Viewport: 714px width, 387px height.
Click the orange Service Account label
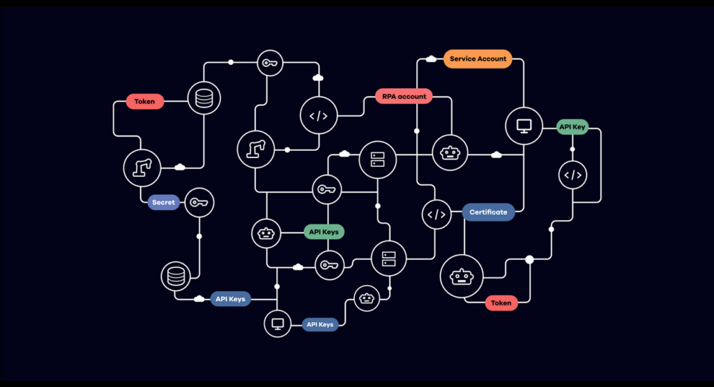click(x=478, y=59)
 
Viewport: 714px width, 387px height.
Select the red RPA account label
click(x=404, y=96)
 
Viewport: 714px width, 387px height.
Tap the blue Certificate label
click(x=488, y=212)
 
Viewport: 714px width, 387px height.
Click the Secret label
click(x=164, y=203)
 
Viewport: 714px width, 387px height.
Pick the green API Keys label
click(x=326, y=232)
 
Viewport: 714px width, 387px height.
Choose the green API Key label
click(x=572, y=127)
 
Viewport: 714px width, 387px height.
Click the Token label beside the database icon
click(x=145, y=101)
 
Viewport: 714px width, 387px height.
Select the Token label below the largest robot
click(x=501, y=302)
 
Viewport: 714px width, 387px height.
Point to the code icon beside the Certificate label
click(x=436, y=214)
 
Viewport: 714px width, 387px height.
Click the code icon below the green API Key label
click(x=572, y=175)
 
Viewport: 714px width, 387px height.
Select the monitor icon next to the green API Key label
click(x=524, y=126)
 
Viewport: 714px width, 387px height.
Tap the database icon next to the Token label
click(x=204, y=98)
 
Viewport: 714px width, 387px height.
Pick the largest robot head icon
click(x=460, y=278)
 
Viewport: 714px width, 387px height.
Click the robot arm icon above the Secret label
click(x=142, y=168)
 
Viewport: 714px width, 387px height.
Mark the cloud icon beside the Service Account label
click(x=431, y=59)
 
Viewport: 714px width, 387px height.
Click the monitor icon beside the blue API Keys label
click(x=277, y=323)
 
